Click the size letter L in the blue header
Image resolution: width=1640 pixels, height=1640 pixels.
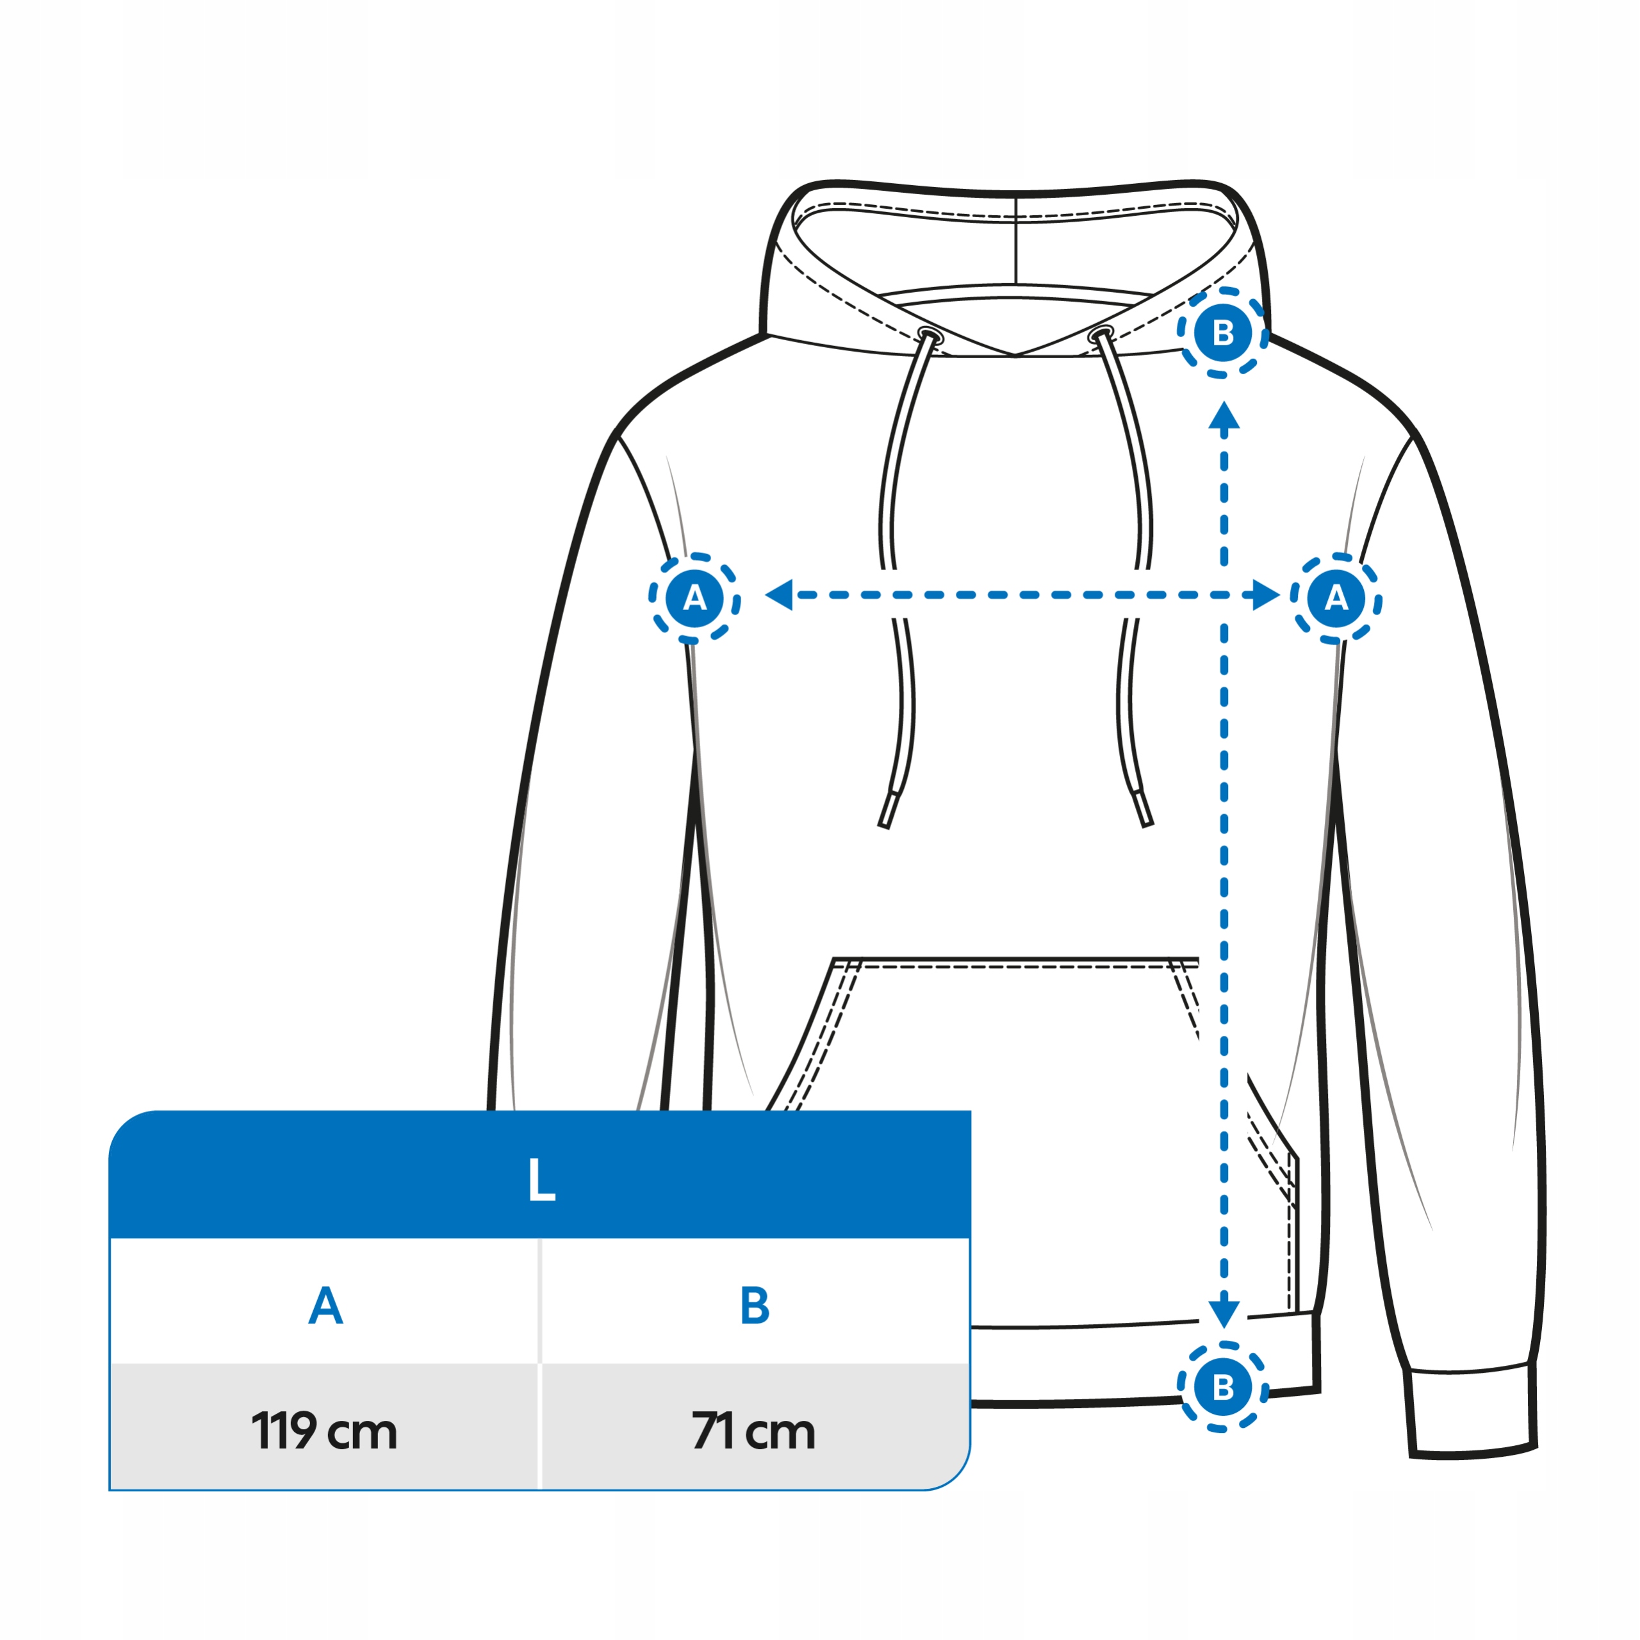pos(541,1180)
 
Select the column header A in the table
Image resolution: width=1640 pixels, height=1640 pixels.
pos(325,1306)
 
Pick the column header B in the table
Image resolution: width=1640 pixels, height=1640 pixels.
pos(755,1306)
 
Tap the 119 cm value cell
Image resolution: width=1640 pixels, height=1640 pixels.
pos(324,1431)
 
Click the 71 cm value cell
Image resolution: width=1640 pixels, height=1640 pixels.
pos(754,1431)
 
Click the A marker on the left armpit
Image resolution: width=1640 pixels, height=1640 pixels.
pos(694,598)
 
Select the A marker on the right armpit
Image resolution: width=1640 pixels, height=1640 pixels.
pos(1336,598)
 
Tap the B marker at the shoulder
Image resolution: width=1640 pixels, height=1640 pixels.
pos(1222,332)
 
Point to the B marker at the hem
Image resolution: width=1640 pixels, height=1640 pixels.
pos(1222,1387)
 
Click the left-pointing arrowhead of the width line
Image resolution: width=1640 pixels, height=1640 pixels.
pos(779,595)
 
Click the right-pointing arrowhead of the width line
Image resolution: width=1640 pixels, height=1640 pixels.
pos(1266,595)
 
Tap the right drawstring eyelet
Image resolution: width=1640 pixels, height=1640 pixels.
pos(1101,334)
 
